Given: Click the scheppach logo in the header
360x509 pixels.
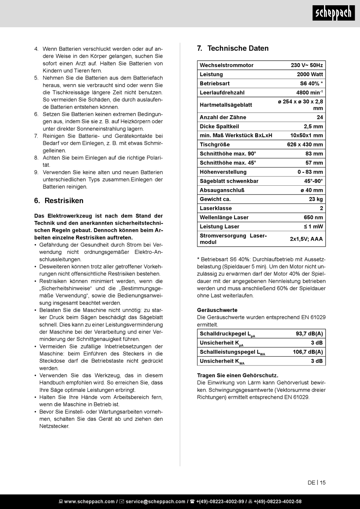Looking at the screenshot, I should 334,13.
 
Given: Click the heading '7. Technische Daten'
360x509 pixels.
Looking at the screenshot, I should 233,48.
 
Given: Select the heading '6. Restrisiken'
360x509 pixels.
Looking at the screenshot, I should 59,200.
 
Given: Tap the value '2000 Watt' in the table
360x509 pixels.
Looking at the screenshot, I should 310,74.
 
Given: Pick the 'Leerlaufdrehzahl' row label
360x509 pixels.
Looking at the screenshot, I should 222,92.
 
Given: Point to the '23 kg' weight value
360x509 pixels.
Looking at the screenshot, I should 316,199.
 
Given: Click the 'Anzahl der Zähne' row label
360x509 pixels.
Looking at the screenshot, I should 223,117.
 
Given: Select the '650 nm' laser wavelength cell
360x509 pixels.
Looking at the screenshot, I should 313,217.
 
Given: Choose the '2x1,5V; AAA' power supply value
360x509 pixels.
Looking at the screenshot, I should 306,239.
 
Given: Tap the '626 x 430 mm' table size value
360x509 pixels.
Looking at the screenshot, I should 305,144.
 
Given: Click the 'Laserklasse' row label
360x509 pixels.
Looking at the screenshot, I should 216,208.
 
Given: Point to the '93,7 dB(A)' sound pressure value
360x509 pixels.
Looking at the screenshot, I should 309,334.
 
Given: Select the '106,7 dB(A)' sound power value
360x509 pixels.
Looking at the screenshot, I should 308,352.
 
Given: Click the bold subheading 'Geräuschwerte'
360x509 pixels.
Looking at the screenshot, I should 217,310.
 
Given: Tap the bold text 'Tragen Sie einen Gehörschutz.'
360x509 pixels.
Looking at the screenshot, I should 238,375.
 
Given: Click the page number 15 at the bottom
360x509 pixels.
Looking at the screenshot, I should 322,482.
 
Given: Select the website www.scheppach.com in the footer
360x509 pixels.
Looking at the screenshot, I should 89,501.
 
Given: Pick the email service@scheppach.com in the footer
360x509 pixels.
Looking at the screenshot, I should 155,501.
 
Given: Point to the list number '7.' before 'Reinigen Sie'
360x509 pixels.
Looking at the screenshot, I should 36,136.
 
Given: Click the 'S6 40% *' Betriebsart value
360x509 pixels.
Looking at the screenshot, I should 311,83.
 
